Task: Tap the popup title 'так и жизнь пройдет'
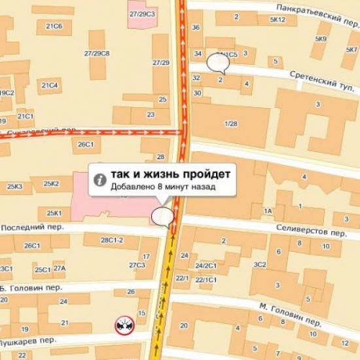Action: [x=170, y=175]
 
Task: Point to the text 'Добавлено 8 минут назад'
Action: [x=162, y=187]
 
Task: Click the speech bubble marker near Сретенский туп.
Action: [x=216, y=62]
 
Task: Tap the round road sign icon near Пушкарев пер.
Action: [x=124, y=323]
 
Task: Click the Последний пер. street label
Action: [x=27, y=226]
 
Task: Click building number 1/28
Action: [x=230, y=124]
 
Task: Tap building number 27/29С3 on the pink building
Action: [x=142, y=13]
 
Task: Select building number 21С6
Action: [x=54, y=26]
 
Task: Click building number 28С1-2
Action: [x=112, y=240]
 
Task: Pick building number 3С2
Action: [x=260, y=264]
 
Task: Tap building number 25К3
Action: [x=14, y=187]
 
